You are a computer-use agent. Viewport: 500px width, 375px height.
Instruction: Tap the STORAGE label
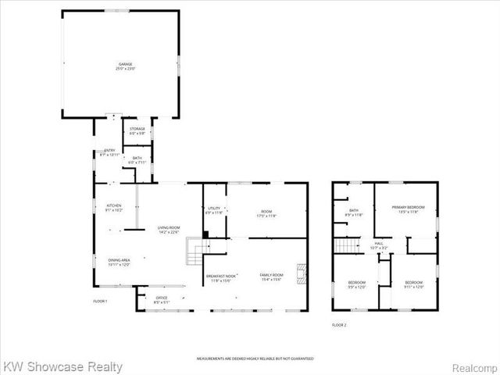click(x=137, y=130)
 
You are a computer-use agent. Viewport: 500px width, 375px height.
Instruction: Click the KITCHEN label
click(x=113, y=207)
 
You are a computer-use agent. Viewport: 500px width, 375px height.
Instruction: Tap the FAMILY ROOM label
click(x=272, y=277)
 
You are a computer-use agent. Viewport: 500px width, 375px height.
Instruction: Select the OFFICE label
click(x=162, y=298)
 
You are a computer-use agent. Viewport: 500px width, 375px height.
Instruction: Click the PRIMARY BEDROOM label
click(x=405, y=209)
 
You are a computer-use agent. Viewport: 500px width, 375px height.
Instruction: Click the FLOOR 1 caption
click(x=99, y=301)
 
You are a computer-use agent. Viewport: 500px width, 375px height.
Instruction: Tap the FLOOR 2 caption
click(x=338, y=324)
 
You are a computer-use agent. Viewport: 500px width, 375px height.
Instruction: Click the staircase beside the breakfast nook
click(x=195, y=252)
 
